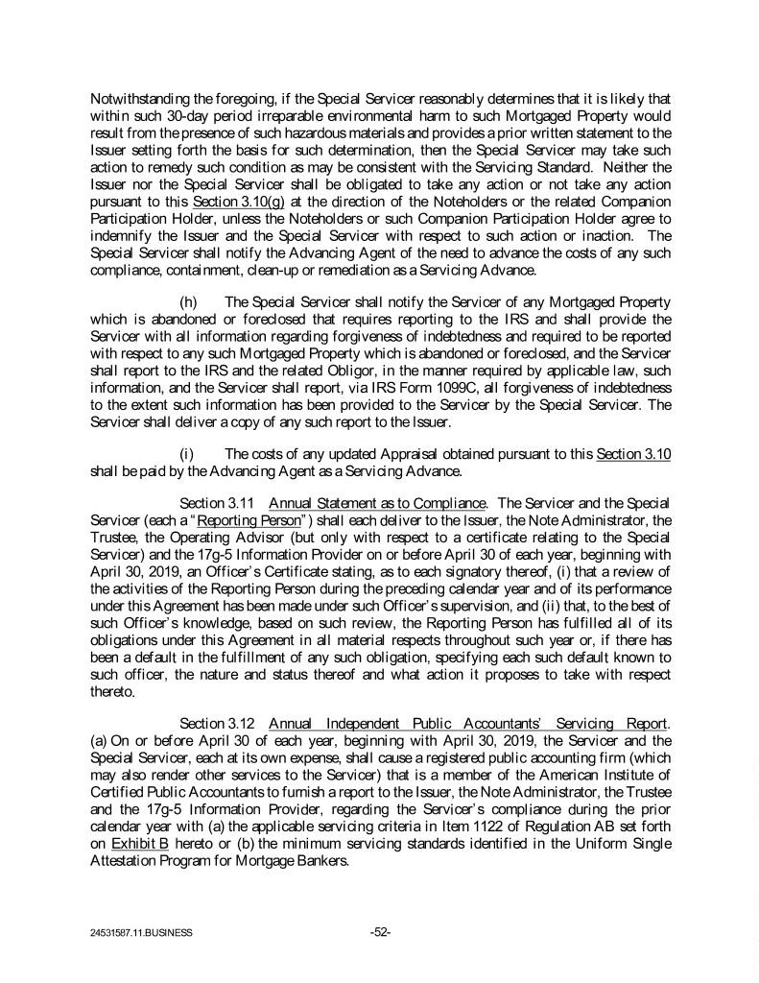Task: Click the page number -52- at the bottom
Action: point(379,930)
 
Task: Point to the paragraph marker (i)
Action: point(188,452)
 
